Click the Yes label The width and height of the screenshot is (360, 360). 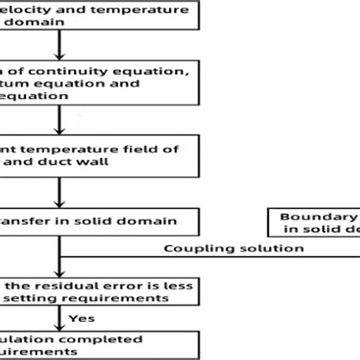tap(79, 319)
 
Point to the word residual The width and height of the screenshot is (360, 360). tap(58, 285)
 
